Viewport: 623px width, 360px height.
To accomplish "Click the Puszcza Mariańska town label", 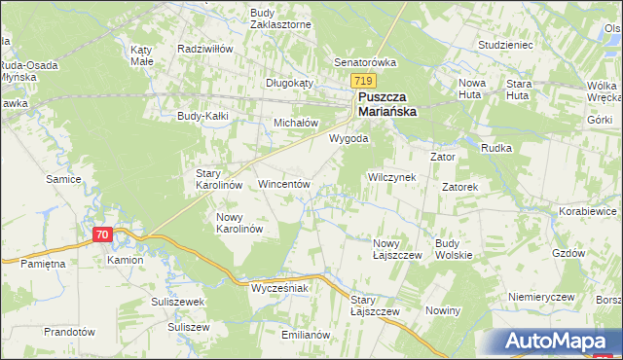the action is [x=386, y=104].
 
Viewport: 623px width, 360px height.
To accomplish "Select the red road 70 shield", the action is [x=103, y=234].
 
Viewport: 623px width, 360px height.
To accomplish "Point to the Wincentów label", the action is [x=283, y=183].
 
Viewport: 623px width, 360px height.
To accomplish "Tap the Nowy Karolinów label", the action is [x=239, y=223].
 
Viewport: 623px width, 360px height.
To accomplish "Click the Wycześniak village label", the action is [x=279, y=289].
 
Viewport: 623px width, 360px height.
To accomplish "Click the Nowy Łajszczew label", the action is [x=396, y=248].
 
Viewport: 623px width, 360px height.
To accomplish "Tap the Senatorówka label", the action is [x=366, y=62].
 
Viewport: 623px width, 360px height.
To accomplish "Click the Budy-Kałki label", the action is [x=202, y=116].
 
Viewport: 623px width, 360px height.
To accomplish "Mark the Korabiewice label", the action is [x=589, y=210].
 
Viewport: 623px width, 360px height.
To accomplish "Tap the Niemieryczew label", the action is [x=543, y=296].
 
